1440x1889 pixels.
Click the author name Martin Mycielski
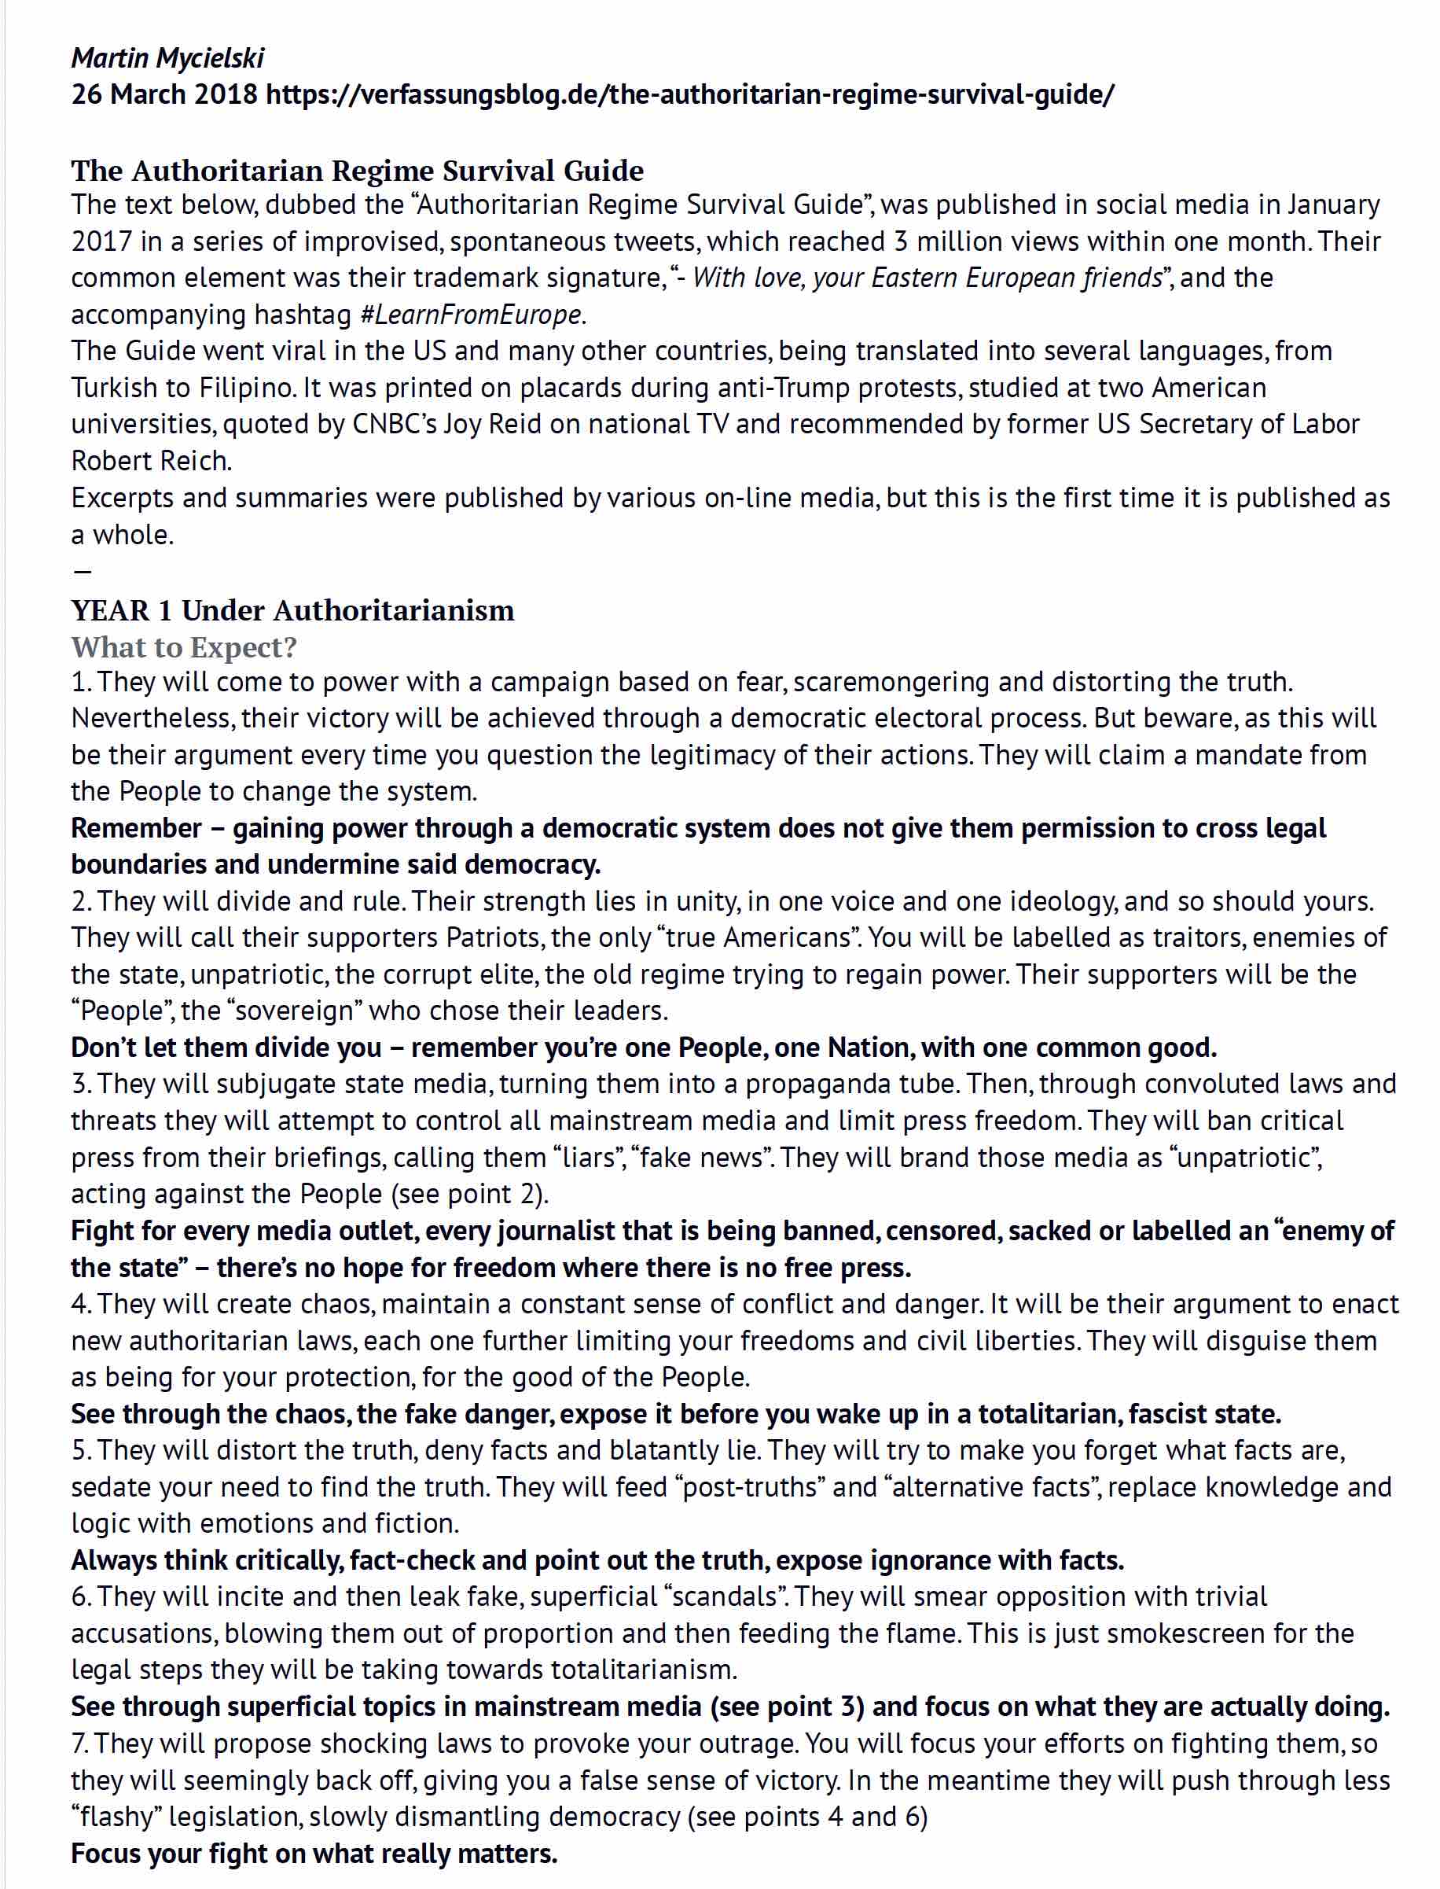click(167, 57)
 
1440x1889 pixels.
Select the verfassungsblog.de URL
click(690, 94)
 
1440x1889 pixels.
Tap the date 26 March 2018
click(163, 94)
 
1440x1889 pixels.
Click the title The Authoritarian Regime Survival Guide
click(358, 170)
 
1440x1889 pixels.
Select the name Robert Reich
click(151, 461)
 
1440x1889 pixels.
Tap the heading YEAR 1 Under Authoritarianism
click(292, 610)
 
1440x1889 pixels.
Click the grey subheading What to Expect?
click(183, 647)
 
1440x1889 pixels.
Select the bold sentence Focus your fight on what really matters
click(314, 1854)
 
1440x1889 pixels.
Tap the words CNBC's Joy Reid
click(446, 425)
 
